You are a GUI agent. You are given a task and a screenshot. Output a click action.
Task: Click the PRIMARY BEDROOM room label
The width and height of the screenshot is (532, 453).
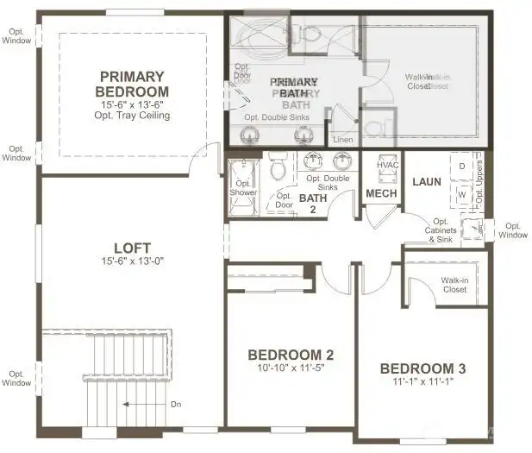[x=133, y=84]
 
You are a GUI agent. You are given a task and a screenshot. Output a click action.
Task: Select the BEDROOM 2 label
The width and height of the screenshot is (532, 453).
[x=291, y=355]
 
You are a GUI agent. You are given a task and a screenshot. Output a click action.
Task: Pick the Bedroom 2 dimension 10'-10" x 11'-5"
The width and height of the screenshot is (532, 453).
[x=291, y=368]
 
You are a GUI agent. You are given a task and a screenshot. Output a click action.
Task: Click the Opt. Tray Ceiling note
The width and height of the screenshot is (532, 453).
[x=133, y=116]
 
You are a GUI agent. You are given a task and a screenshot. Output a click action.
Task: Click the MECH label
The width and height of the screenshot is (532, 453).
[x=381, y=193]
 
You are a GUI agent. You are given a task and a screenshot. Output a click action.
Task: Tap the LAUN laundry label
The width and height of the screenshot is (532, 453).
[x=426, y=182]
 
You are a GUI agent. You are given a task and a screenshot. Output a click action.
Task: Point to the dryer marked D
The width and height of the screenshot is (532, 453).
[x=462, y=165]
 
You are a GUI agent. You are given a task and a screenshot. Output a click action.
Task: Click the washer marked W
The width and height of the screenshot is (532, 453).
[x=462, y=193]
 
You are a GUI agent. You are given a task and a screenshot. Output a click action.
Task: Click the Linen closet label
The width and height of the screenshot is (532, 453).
[x=342, y=138]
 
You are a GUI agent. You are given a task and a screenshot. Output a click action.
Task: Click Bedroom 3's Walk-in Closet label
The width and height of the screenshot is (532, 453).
[x=454, y=285]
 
